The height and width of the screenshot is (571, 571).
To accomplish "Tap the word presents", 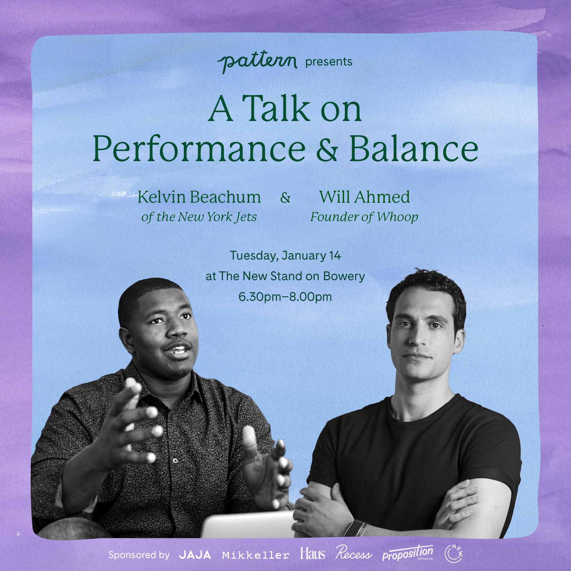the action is click(329, 62).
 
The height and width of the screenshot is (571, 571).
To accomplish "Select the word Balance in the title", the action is click(414, 148).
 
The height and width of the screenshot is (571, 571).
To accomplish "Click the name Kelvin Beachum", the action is click(199, 197).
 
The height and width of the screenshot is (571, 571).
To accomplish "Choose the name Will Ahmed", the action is click(364, 197).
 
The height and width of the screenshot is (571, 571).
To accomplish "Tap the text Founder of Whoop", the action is click(364, 217).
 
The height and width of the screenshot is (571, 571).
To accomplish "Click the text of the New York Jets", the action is click(199, 217).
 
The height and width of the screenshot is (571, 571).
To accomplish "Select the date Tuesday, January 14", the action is click(285, 256).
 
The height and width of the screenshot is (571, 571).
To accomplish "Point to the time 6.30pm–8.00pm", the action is click(285, 297).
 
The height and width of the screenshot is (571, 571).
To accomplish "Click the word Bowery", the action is click(344, 276).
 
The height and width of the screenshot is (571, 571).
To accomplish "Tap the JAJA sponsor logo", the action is click(195, 555).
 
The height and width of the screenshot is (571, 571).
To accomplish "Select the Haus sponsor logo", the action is click(313, 554).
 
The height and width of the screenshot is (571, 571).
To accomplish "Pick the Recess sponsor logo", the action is click(354, 553).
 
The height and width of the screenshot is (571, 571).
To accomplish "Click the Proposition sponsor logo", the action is click(408, 553).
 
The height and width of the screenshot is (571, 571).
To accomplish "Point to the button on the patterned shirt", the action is click(175, 461).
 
